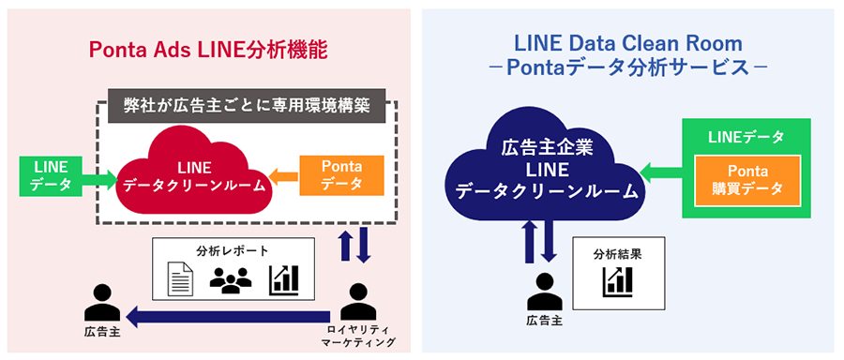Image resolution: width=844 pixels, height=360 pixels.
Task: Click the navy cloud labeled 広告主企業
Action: pos(542,169)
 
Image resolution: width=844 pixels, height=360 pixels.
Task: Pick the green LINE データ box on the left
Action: pos(45,175)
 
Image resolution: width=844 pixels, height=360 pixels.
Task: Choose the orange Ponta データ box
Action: pos(341,175)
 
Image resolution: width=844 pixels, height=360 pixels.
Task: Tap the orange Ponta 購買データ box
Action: pos(747,181)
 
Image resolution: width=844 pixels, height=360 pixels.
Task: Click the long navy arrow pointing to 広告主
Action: pos(230,319)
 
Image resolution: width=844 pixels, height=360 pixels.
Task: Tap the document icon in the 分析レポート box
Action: pos(181,278)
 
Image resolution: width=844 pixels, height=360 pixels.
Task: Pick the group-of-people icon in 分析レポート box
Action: pos(231,279)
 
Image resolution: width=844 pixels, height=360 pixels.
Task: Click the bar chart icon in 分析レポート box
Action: pos(283,278)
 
